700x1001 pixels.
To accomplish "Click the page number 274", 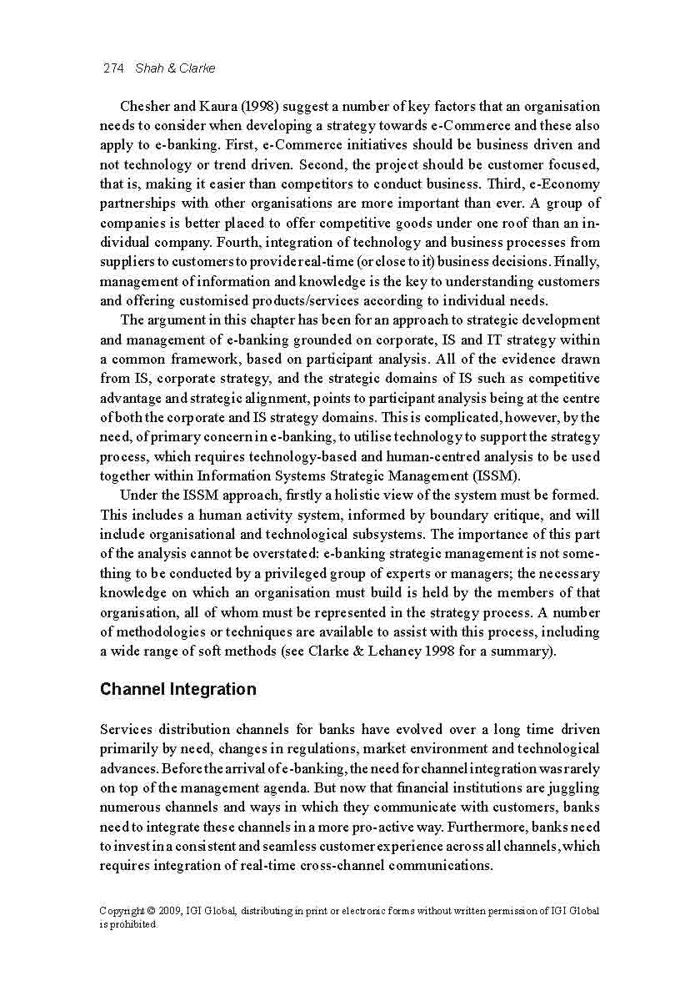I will point(112,68).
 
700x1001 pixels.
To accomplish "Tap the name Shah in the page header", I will point(149,68).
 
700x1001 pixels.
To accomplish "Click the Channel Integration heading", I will point(177,690).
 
